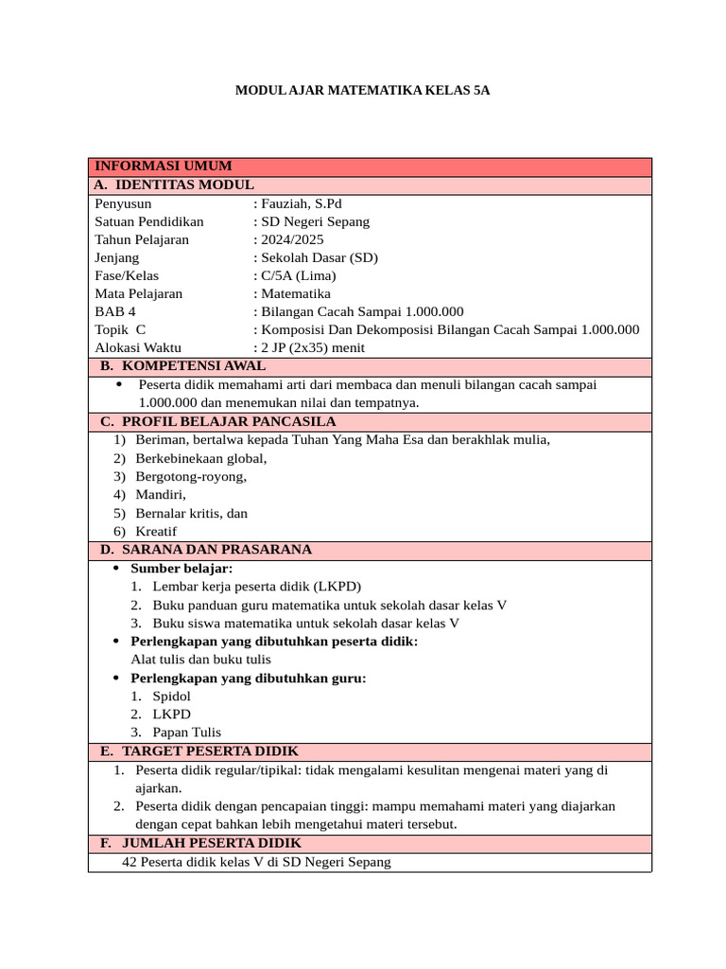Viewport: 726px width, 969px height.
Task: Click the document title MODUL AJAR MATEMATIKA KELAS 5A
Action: tap(362, 92)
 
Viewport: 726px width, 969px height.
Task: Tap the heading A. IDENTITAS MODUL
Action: tap(174, 185)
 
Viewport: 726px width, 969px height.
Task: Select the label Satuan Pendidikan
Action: tap(149, 221)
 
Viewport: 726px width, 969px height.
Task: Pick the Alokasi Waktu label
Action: tap(138, 347)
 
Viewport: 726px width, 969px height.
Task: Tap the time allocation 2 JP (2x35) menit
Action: tap(312, 347)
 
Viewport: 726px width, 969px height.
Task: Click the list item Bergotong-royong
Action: tap(191, 476)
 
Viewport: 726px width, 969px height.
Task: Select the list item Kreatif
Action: tap(156, 532)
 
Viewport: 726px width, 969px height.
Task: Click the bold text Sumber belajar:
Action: tap(181, 568)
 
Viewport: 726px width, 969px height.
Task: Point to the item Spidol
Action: tap(171, 696)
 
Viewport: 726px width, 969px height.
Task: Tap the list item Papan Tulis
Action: tap(186, 731)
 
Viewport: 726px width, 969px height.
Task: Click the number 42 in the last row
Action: tap(130, 862)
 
